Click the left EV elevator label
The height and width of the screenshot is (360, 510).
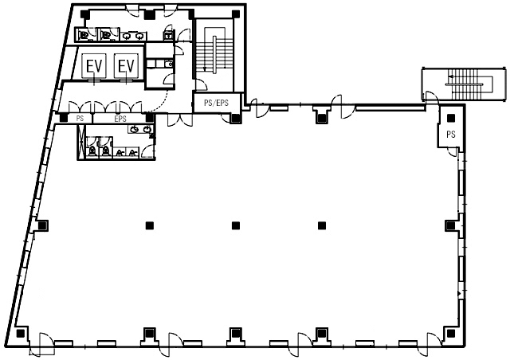tap(94, 66)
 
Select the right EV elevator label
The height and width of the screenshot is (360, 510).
tap(126, 66)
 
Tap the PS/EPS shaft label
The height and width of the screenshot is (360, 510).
tap(216, 103)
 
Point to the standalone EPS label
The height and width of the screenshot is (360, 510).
tap(120, 119)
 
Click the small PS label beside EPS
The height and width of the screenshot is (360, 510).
tap(80, 119)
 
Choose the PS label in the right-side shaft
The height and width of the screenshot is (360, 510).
tap(451, 134)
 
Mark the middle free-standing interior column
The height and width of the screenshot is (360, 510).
tap(236, 225)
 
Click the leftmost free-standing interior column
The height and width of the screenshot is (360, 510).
tap(150, 225)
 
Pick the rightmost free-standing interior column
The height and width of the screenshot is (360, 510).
tap(322, 225)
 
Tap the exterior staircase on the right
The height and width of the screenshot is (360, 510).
tap(464, 84)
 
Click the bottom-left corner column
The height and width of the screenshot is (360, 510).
tap(21, 334)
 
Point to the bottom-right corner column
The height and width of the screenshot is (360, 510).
tap(451, 334)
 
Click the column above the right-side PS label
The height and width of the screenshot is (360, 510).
tap(451, 119)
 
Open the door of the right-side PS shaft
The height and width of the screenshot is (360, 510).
tap(452, 151)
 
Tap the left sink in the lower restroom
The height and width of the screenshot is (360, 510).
tap(134, 130)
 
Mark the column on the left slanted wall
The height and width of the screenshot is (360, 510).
tap(42, 225)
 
